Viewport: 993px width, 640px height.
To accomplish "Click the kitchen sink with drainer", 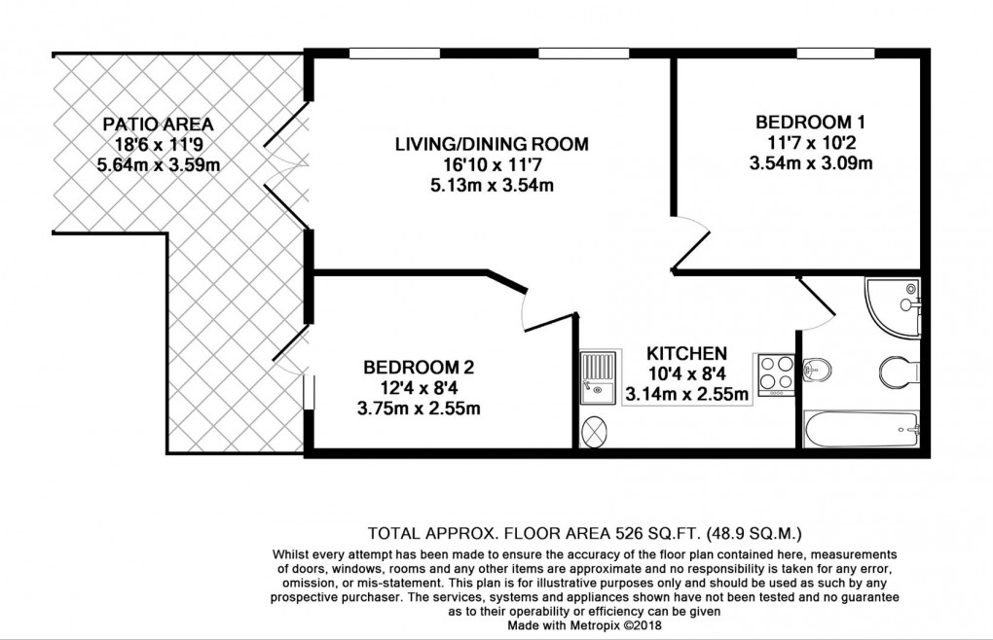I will [x=598, y=376].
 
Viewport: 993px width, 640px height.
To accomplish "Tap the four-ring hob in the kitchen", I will [x=775, y=374].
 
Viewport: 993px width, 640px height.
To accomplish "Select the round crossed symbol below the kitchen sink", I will [x=594, y=429].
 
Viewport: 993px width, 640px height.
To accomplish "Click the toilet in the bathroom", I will [x=898, y=371].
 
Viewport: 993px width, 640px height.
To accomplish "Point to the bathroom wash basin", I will [x=818, y=370].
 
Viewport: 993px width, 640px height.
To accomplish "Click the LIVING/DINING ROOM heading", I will [x=492, y=145].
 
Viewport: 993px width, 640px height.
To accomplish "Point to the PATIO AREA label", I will [x=158, y=124].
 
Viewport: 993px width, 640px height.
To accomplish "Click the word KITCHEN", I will [x=687, y=352].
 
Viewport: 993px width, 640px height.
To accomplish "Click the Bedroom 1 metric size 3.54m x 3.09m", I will [x=810, y=163].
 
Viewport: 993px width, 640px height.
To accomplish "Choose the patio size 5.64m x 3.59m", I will [x=158, y=165].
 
